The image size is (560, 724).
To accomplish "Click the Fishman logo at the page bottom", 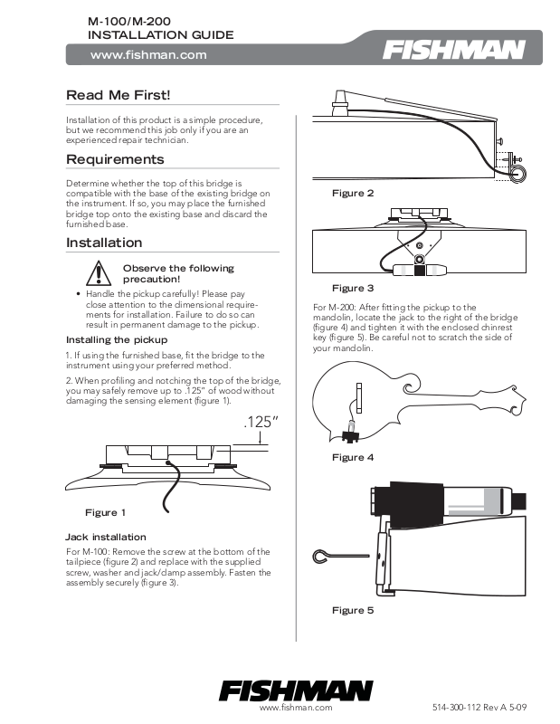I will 296,690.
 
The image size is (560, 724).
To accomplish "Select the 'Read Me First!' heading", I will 119,95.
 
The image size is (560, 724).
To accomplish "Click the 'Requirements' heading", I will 115,159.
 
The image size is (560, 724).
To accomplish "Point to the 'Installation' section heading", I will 104,243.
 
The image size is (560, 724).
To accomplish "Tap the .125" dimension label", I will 261,423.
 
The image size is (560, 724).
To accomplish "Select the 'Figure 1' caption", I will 105,512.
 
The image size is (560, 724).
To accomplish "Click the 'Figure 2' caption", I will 353,194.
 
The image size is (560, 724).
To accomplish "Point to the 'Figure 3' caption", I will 353,288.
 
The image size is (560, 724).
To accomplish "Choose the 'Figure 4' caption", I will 353,457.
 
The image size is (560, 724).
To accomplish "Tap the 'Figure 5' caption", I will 353,610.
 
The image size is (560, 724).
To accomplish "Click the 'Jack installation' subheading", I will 106,537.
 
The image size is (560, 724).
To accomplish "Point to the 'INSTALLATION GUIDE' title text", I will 160,35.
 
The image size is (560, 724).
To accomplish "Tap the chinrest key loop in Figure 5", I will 323,554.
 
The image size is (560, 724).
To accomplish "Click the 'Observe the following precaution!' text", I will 177,273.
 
